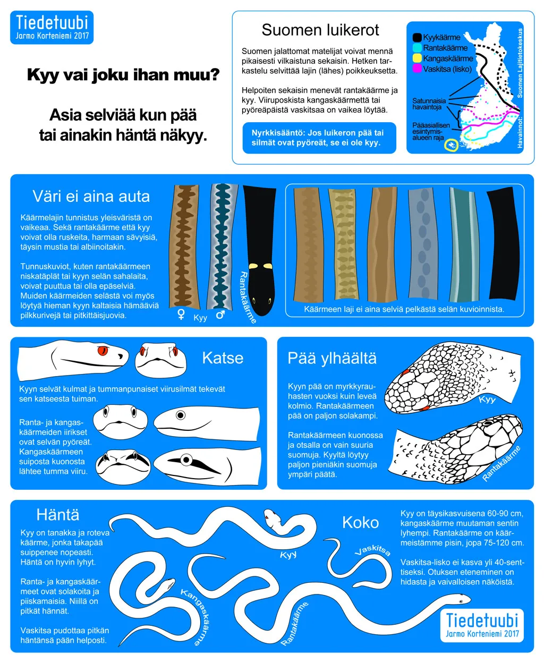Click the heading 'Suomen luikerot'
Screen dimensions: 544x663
[x=320, y=30]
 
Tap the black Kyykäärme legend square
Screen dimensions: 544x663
[x=417, y=37]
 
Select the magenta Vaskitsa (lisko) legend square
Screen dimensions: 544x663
[x=417, y=69]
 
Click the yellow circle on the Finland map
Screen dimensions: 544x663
[x=451, y=145]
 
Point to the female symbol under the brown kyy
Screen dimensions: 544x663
[x=181, y=314]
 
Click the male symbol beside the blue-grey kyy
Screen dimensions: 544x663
[x=220, y=314]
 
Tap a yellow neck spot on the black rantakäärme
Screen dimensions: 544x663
[x=253, y=266]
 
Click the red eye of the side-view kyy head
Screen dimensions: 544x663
[x=103, y=351]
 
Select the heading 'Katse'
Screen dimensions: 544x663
[x=223, y=358]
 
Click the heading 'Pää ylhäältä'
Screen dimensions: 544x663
[x=332, y=359]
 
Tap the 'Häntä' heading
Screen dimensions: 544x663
[x=58, y=515]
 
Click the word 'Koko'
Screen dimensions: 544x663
[x=360, y=522]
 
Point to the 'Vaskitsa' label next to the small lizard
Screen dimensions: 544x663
[x=372, y=549]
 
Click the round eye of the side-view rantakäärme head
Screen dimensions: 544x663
[x=181, y=415]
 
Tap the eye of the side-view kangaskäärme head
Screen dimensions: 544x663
[x=186, y=460]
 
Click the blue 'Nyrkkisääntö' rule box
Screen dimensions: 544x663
[x=319, y=138]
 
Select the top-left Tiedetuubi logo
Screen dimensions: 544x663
[x=52, y=27]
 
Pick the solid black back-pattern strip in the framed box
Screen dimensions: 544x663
[x=503, y=243]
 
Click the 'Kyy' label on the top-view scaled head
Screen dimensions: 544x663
[x=487, y=399]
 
